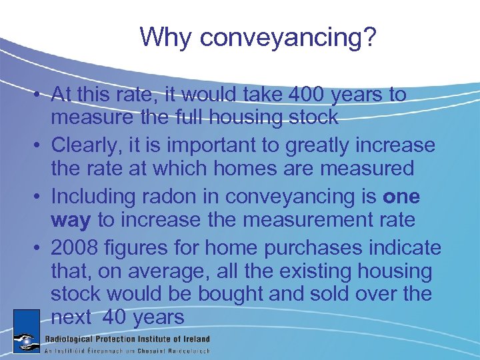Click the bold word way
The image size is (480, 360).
pos(71,219)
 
